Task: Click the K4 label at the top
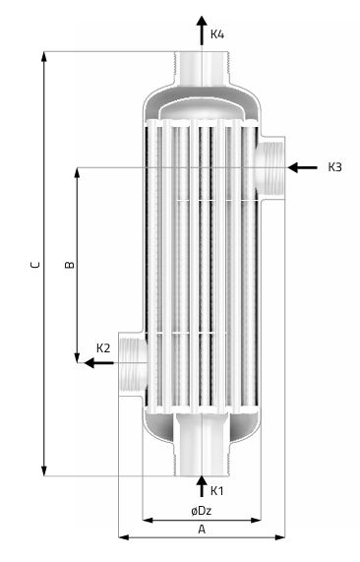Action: [216, 34]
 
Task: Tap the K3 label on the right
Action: [335, 167]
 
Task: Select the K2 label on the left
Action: [103, 348]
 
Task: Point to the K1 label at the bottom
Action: [216, 491]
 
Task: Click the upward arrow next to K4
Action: [202, 31]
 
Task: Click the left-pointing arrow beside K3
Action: [302, 167]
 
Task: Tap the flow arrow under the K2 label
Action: [99, 363]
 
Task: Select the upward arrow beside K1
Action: [202, 486]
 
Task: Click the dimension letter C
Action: [35, 265]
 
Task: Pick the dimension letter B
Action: [70, 265]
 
